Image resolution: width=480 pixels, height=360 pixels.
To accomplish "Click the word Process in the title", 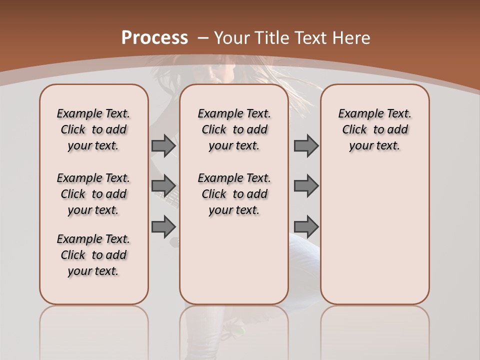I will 154,38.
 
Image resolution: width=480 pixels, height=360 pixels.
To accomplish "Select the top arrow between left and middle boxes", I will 163,145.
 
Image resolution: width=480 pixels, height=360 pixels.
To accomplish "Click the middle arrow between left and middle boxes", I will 163,186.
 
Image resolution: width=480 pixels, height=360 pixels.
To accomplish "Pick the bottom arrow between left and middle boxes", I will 163,226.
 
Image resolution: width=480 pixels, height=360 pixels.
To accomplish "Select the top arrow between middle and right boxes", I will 306,145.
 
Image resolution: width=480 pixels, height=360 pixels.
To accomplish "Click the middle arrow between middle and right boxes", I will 306,186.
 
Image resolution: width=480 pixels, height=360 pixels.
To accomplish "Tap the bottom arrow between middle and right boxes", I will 306,226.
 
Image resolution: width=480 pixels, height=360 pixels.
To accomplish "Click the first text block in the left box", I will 93,129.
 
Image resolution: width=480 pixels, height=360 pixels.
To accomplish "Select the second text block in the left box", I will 93,194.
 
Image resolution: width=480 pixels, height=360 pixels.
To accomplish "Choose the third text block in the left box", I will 93,255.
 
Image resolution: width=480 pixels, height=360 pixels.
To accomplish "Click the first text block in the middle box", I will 234,129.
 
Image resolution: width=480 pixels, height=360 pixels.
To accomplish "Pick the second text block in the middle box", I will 234,194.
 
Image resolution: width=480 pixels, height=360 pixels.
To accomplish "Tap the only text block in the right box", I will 374,129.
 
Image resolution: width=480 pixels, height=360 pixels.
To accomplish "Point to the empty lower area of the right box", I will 374,235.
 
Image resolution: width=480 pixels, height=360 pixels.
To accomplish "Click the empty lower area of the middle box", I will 234,260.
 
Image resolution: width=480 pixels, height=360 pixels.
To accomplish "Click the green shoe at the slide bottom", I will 239,330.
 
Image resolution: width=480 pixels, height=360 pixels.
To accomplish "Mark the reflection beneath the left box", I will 93,330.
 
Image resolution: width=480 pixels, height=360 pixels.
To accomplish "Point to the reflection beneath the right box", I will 374,330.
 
